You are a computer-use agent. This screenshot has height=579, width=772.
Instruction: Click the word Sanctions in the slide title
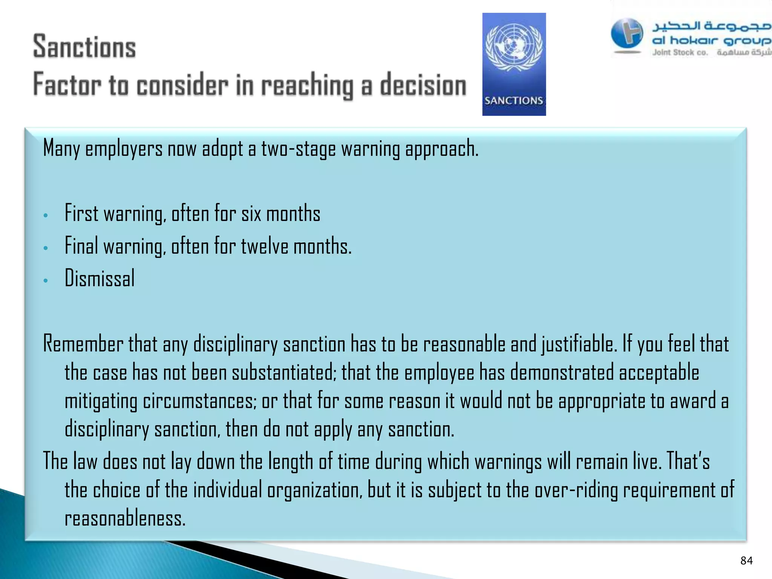[x=84, y=47]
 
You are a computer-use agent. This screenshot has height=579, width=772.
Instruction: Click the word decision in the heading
[x=423, y=85]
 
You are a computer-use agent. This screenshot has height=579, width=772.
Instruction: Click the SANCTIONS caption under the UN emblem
[x=513, y=101]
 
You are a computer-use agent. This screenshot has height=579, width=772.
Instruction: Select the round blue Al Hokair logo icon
[x=627, y=34]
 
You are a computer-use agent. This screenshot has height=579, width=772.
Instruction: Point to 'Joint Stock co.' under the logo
[x=680, y=53]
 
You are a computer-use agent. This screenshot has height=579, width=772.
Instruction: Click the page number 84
[x=746, y=561]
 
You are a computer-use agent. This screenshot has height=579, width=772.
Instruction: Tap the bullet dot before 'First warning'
[x=46, y=216]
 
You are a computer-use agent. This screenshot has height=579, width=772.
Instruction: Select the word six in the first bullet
[x=251, y=214]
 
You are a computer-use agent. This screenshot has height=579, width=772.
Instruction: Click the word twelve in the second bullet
[x=265, y=247]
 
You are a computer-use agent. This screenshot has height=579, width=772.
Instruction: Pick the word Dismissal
[x=100, y=278]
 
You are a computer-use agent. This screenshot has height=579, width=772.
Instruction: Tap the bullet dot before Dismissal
[x=46, y=280]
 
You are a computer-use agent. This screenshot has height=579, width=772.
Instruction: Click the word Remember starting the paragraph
[x=83, y=344]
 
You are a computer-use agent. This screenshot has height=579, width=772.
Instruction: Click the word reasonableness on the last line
[x=125, y=519]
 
